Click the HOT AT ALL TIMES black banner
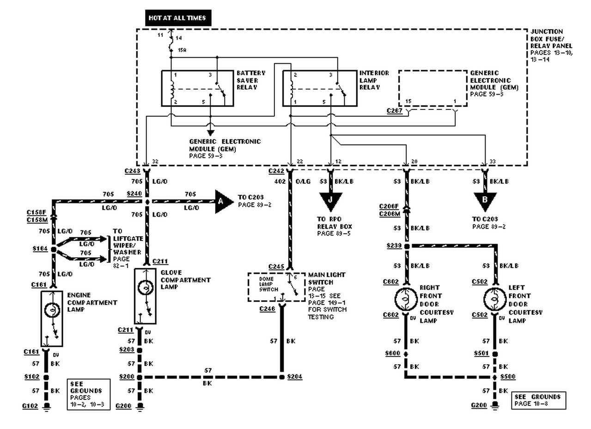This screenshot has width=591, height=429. pyautogui.click(x=178, y=18)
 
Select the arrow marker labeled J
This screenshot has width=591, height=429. pyautogui.click(x=330, y=200)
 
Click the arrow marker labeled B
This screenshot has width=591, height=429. pyautogui.click(x=485, y=200)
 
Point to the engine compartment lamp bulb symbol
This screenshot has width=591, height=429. pyautogui.click(x=52, y=310)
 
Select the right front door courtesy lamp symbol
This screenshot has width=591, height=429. pyautogui.click(x=406, y=299)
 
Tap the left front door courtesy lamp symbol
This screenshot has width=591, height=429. pyautogui.click(x=494, y=299)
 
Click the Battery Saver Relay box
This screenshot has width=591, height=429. pyautogui.click(x=197, y=88)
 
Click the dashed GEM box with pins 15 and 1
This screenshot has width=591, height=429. pyautogui.click(x=433, y=88)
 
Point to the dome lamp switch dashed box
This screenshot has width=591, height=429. pyautogui.click(x=276, y=287)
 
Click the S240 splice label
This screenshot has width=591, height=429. pyautogui.click(x=134, y=194)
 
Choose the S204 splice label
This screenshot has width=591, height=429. pyautogui.click(x=294, y=376)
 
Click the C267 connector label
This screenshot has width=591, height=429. pyautogui.click(x=394, y=111)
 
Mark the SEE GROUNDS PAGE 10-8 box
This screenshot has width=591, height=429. pyautogui.click(x=539, y=400)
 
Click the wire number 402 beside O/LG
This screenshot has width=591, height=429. pyautogui.click(x=280, y=181)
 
